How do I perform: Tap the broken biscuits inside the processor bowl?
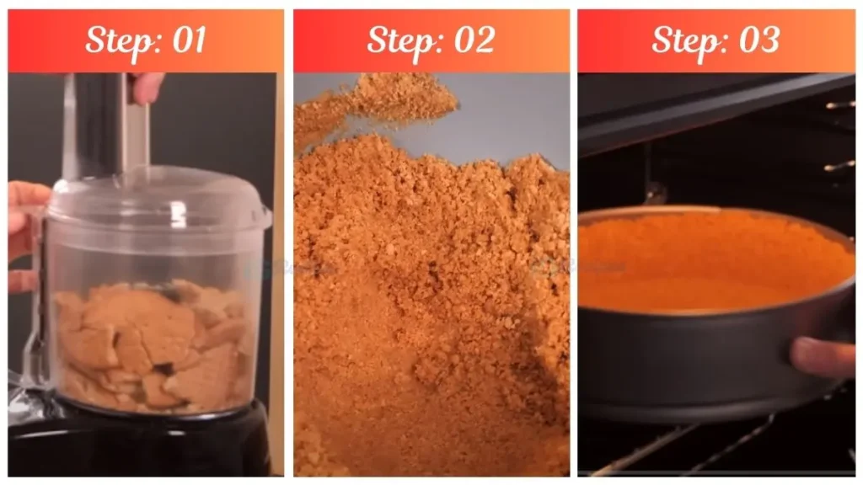[152, 345]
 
